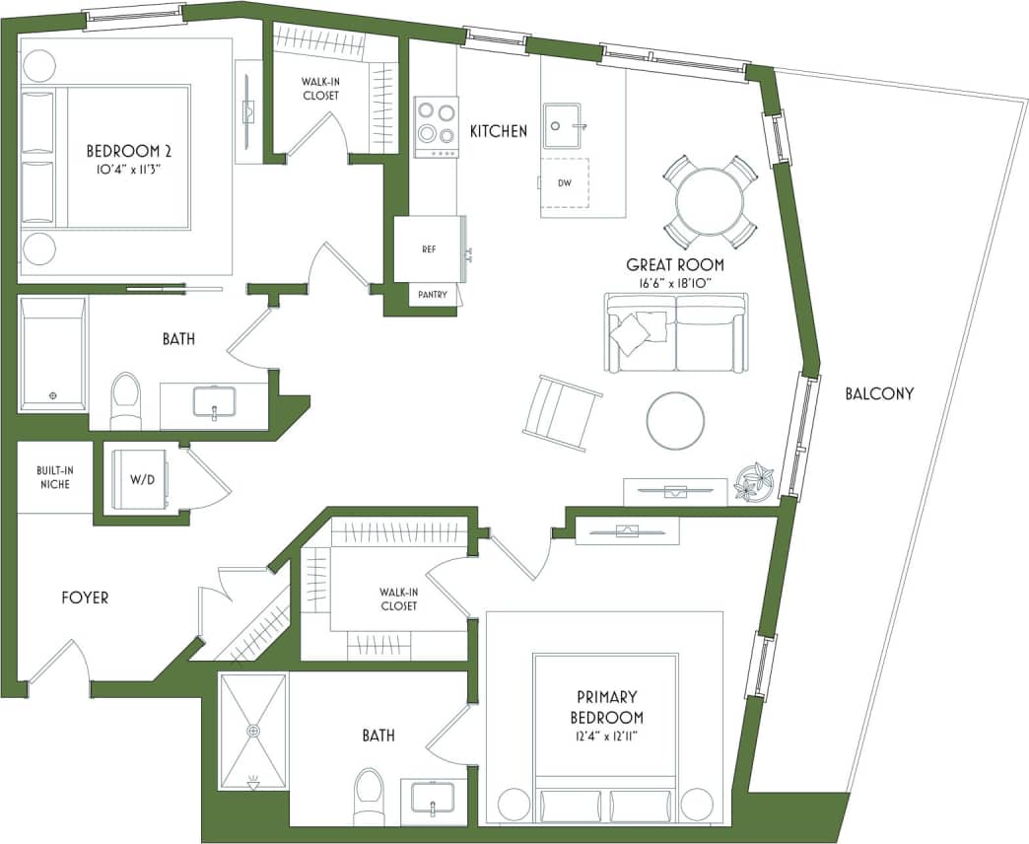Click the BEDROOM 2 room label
pos(129,151)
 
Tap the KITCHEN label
pos(498,131)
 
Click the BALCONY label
pos(879,393)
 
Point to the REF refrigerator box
pos(429,249)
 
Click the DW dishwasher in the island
pos(565,182)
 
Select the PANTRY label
pos(432,295)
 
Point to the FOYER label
pos(85,598)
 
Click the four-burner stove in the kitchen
pos(436,125)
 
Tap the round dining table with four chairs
pos(710,201)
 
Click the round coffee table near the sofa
pos(675,421)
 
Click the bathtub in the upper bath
pos(53,353)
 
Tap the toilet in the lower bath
pos(369,796)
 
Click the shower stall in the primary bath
pos(253,731)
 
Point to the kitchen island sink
pos(568,124)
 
